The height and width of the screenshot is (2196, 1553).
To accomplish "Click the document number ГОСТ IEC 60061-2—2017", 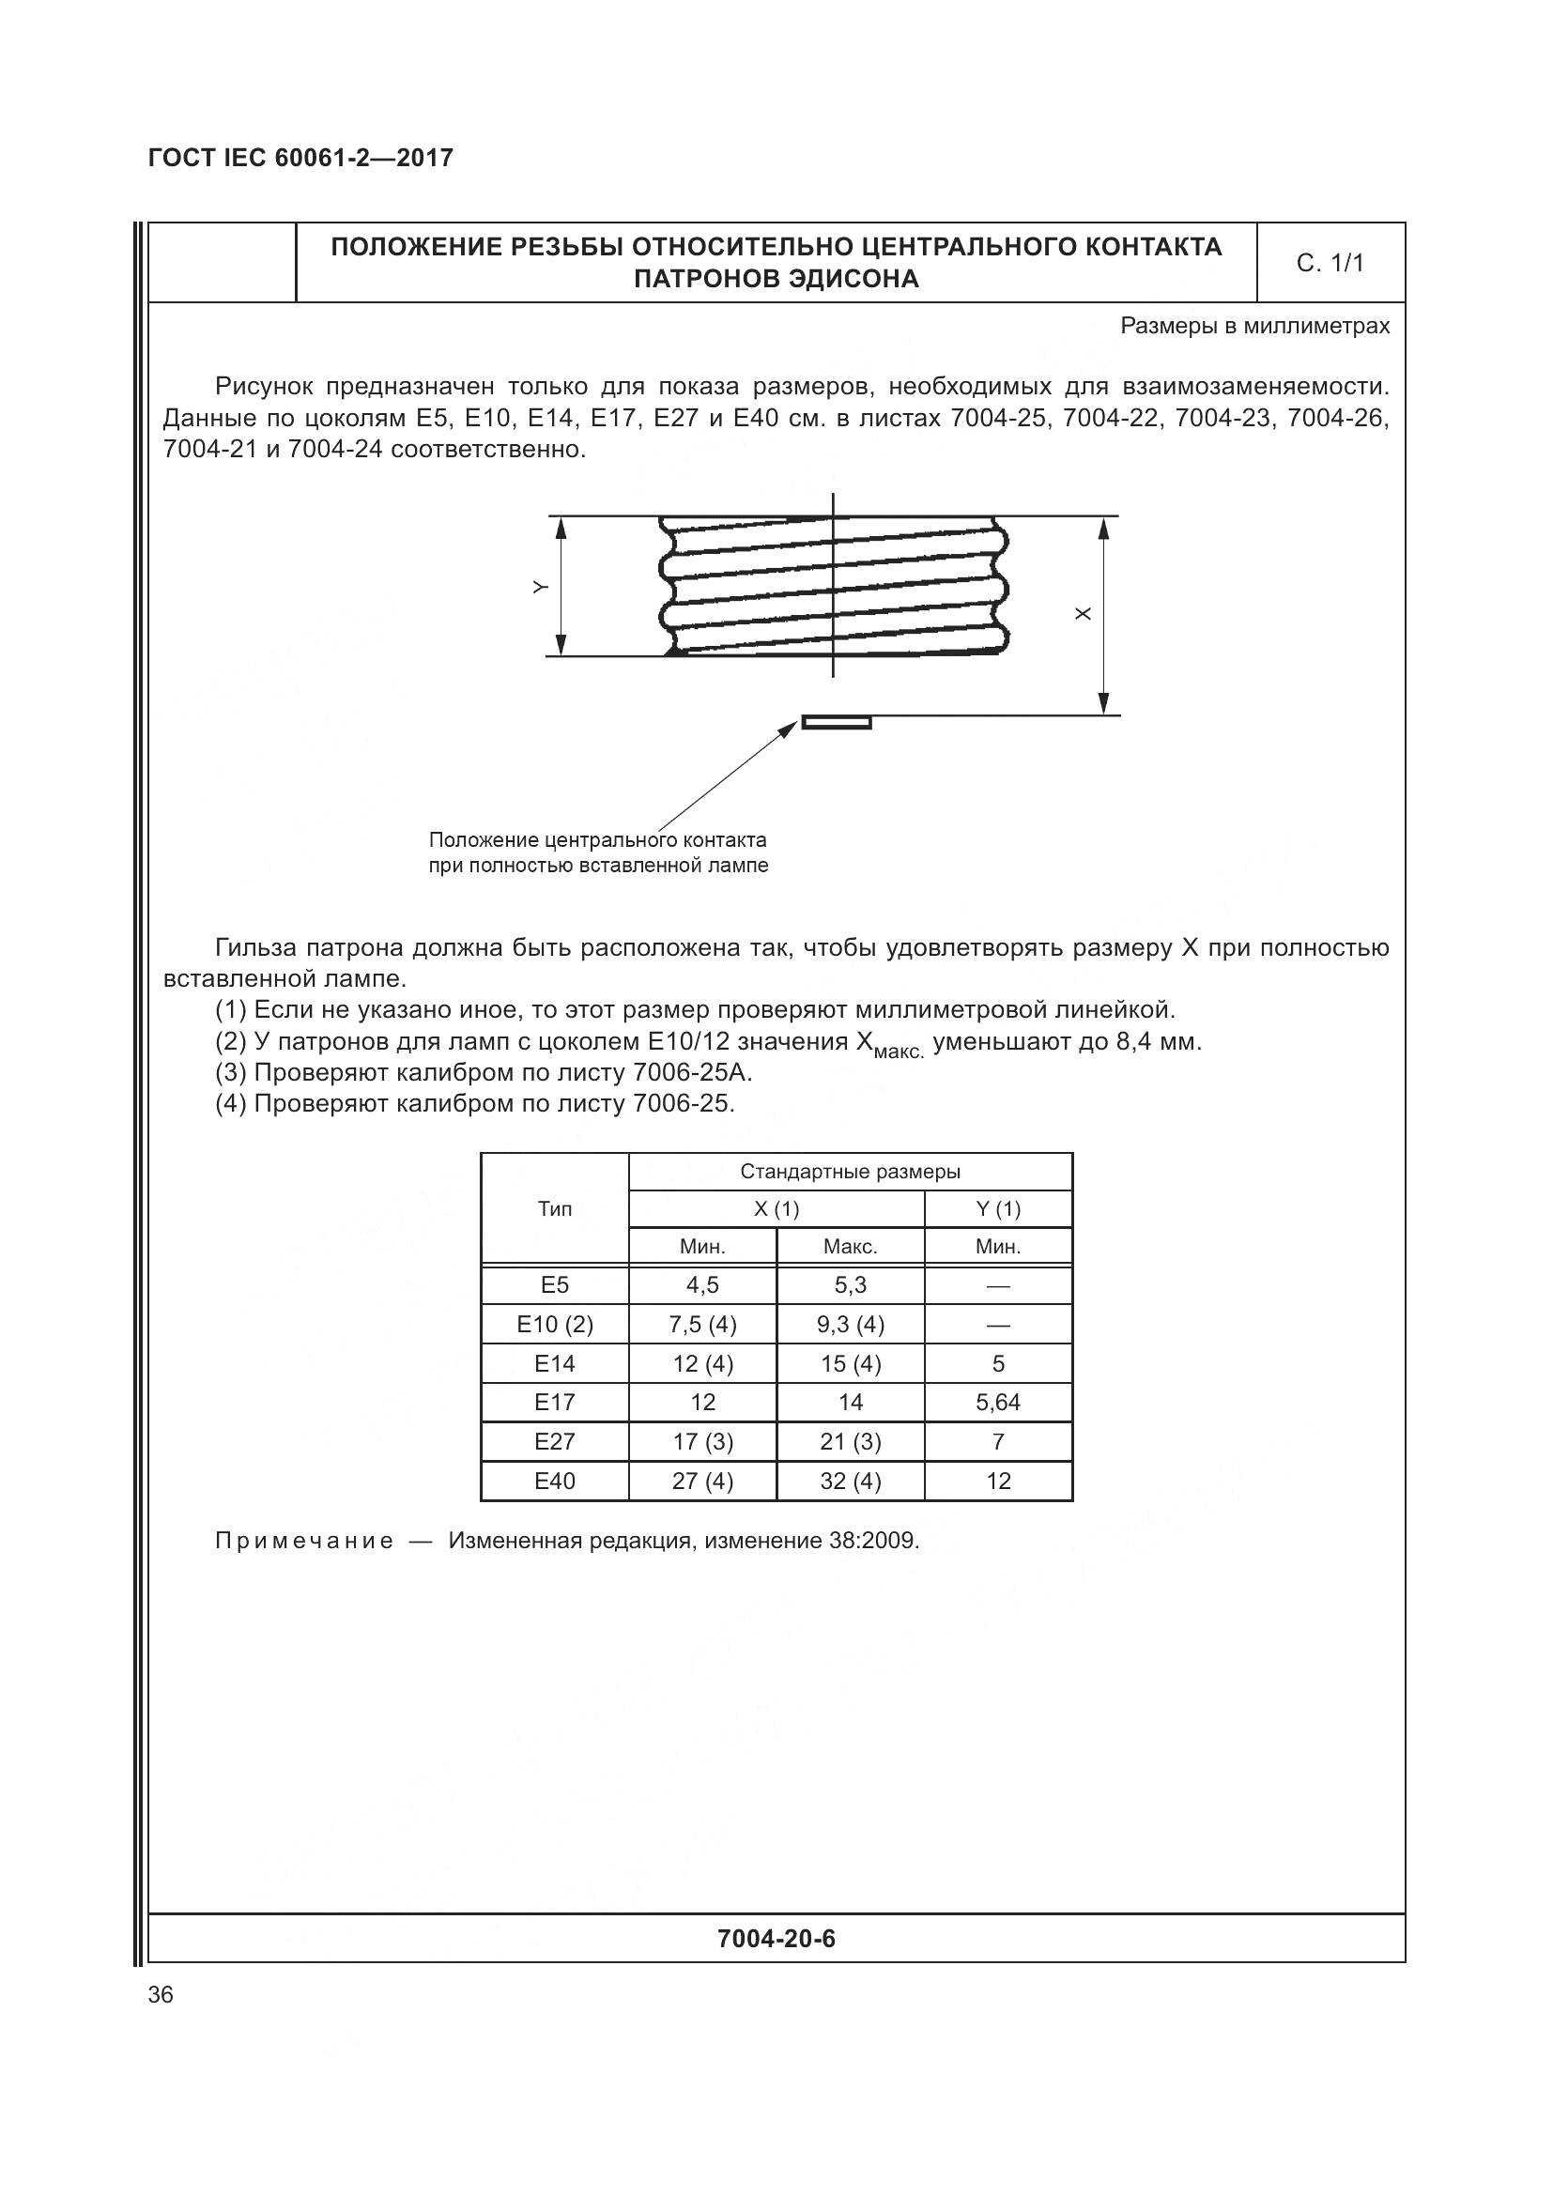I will pyautogui.click(x=300, y=159).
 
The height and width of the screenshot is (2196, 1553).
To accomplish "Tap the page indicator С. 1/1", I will pyautogui.click(x=1330, y=263).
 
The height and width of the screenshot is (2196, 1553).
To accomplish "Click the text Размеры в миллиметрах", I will pyautogui.click(x=1254, y=326).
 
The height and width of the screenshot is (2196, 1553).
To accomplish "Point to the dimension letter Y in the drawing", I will pyautogui.click(x=540, y=587).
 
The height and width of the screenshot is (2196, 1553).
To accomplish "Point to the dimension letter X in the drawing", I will pyautogui.click(x=1083, y=614).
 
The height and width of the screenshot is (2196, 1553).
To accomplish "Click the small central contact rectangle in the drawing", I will pyautogui.click(x=836, y=722).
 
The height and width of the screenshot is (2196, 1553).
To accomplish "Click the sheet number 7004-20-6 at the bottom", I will pyautogui.click(x=776, y=1939).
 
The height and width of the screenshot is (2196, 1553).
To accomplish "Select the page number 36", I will pyautogui.click(x=161, y=1995).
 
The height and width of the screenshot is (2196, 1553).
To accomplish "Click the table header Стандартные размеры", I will pyautogui.click(x=850, y=1172).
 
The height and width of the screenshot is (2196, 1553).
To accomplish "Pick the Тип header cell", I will pyautogui.click(x=555, y=1209).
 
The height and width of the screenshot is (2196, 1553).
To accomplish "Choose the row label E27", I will pyautogui.click(x=555, y=1441).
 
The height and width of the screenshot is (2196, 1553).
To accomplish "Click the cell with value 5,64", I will pyautogui.click(x=998, y=1402).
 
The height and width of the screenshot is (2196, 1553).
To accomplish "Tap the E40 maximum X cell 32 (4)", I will pyautogui.click(x=850, y=1481).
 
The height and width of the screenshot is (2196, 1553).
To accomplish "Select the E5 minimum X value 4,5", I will pyautogui.click(x=703, y=1284).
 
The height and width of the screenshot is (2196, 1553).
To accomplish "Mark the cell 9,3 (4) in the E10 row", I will pyautogui.click(x=850, y=1325).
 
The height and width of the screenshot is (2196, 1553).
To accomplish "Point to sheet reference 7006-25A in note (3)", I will pyautogui.click(x=692, y=1072).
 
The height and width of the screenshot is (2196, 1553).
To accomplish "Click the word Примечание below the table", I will pyautogui.click(x=304, y=1541).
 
